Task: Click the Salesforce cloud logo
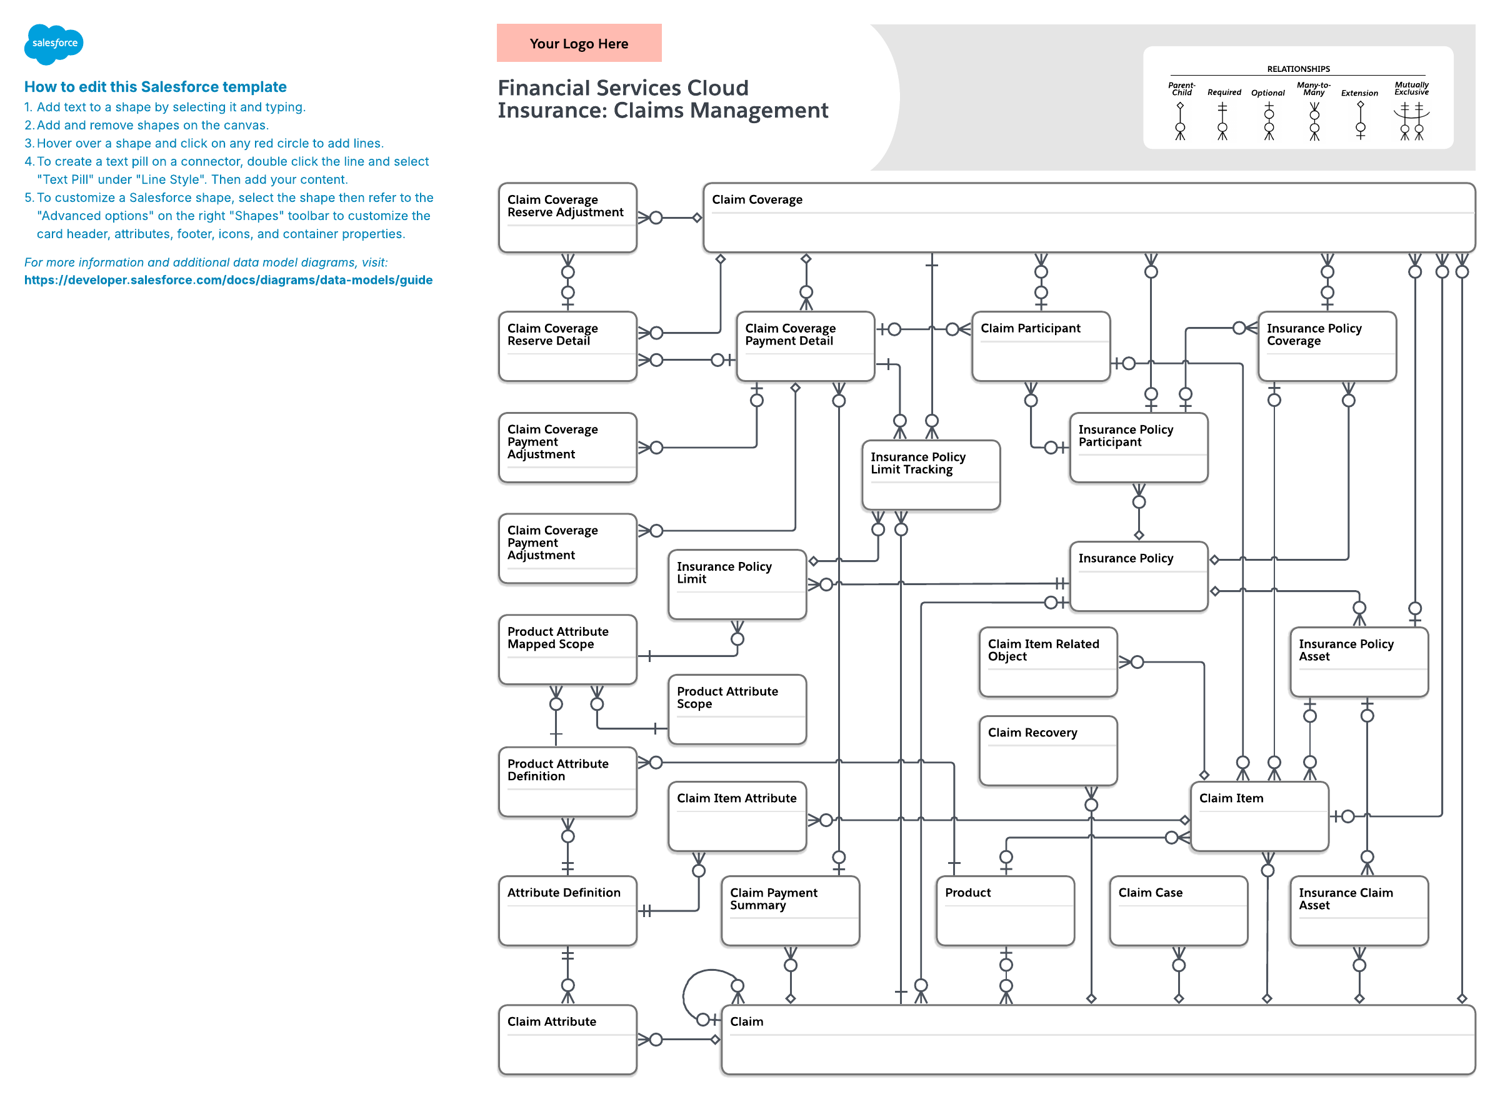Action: pos(54,44)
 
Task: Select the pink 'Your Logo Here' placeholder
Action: pos(579,43)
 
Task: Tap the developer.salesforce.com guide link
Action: pos(228,280)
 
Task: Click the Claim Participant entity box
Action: pos(1041,346)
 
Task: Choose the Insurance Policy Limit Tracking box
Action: pos(931,475)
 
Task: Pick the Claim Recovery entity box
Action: pos(1048,750)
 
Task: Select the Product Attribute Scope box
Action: pos(737,709)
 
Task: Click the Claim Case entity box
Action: pos(1179,911)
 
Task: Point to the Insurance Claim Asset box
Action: pos(1359,911)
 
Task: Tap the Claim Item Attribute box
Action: pos(737,816)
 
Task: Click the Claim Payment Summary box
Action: pos(790,911)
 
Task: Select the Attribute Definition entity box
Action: pos(567,911)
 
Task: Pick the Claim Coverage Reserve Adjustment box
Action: pos(567,218)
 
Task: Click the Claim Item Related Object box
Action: pos(1048,662)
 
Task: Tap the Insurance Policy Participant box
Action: pos(1139,448)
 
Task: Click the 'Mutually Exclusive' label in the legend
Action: pos(1411,89)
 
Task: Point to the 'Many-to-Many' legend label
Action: pos(1314,89)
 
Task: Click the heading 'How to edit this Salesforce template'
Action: pos(156,86)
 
